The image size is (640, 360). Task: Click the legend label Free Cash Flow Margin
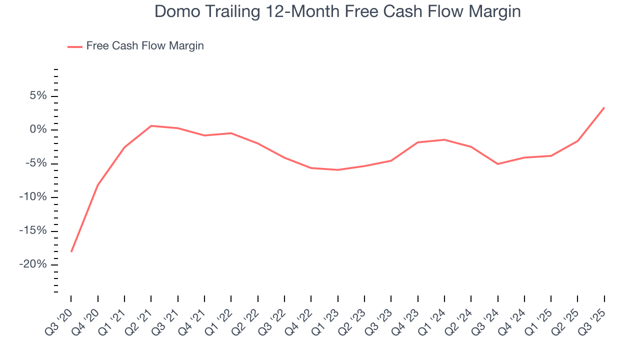pyautogui.click(x=145, y=46)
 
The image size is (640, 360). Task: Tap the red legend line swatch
pyautogui.click(x=75, y=46)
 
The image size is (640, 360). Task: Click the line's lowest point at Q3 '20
pyautogui.click(x=71, y=251)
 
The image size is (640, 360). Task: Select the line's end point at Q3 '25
pyautogui.click(x=604, y=107)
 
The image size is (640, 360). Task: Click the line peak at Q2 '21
pyautogui.click(x=151, y=126)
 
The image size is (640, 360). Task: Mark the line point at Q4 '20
pyautogui.click(x=98, y=185)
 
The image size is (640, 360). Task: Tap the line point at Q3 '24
pyautogui.click(x=497, y=164)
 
